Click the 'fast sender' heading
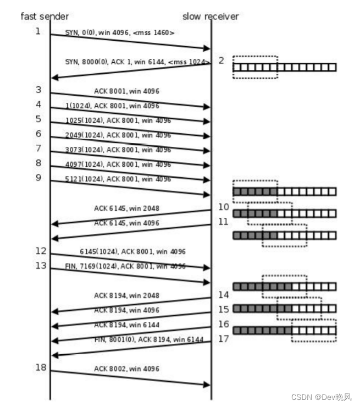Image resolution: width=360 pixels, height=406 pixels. click(x=45, y=16)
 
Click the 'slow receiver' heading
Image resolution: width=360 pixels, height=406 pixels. click(x=211, y=16)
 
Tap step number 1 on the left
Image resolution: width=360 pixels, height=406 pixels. click(x=38, y=31)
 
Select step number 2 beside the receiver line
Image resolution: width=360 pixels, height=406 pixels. click(x=221, y=60)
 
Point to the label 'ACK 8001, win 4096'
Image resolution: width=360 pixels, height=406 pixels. click(x=126, y=91)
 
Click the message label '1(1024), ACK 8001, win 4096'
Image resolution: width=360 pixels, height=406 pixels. click(x=112, y=106)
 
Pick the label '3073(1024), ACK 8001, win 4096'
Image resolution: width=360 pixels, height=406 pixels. click(x=117, y=149)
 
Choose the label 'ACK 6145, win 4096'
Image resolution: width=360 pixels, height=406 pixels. click(x=127, y=223)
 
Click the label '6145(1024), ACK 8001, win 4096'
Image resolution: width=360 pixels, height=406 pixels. click(x=132, y=251)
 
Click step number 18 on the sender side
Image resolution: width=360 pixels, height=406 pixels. click(x=41, y=367)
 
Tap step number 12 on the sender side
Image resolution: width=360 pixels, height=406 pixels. click(x=41, y=251)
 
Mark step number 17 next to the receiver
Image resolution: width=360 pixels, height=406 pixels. click(x=223, y=338)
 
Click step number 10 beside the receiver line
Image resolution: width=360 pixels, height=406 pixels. click(x=223, y=207)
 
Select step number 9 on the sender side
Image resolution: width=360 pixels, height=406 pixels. click(x=38, y=178)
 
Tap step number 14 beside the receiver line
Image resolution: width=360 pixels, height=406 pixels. click(x=223, y=295)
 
